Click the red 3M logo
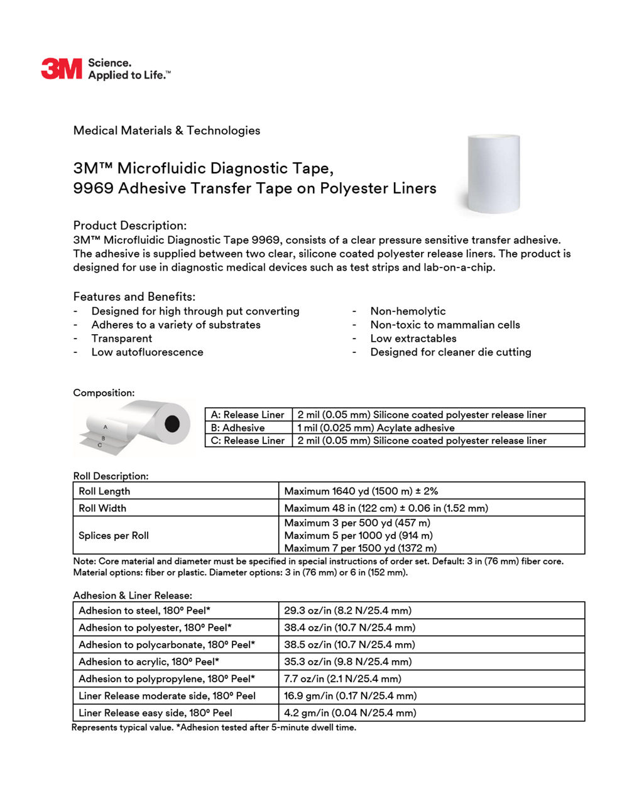pyautogui.click(x=61, y=68)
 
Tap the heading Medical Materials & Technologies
pyautogui.click(x=166, y=131)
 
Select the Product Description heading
pyautogui.click(x=129, y=225)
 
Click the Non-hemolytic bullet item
pyautogui.click(x=408, y=311)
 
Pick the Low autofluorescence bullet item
pyautogui.click(x=147, y=352)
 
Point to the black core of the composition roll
pyautogui.click(x=172, y=424)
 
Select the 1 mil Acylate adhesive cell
pyautogui.click(x=376, y=428)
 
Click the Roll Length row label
pyautogui.click(x=104, y=491)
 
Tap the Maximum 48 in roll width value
pyautogui.click(x=386, y=508)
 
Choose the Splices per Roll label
pyautogui.click(x=114, y=536)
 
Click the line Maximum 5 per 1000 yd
pyautogui.click(x=358, y=536)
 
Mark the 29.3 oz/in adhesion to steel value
pyautogui.click(x=347, y=611)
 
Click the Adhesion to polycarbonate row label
pyautogui.click(x=166, y=644)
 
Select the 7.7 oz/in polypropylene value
pyautogui.click(x=342, y=679)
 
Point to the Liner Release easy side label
pyautogui.click(x=155, y=713)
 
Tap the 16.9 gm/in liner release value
pyautogui.click(x=350, y=696)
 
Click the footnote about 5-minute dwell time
pyautogui.click(x=214, y=727)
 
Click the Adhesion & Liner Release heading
pyautogui.click(x=133, y=595)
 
